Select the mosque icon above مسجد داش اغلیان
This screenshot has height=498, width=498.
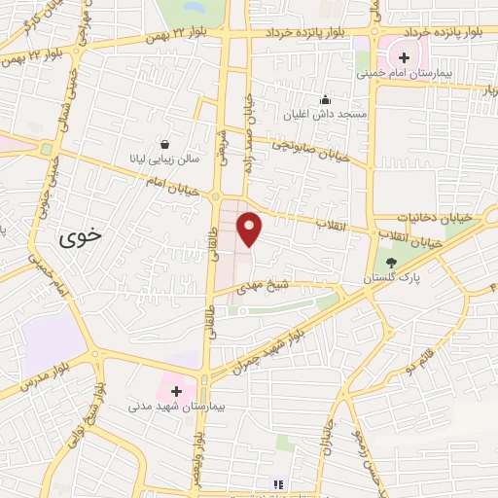tap(325, 99)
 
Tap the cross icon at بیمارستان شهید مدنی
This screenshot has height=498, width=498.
tap(176, 390)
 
